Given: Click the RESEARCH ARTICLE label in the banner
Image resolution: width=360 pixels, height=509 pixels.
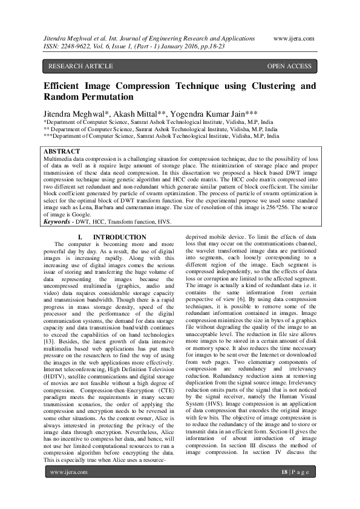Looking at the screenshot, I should pyautogui.click(x=80, y=66).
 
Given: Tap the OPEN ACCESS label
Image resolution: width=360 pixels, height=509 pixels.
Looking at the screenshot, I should pyautogui.click(x=289, y=66).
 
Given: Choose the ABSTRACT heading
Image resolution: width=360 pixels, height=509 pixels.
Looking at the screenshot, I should pyautogui.click(x=62, y=151).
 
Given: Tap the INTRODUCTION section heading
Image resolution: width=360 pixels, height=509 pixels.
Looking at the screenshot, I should pyautogui.click(x=119, y=237).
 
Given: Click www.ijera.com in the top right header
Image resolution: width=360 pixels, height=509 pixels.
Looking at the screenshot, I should pyautogui.click(x=294, y=38).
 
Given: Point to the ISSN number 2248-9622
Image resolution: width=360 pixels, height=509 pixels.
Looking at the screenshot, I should pyautogui.click(x=76, y=45).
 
